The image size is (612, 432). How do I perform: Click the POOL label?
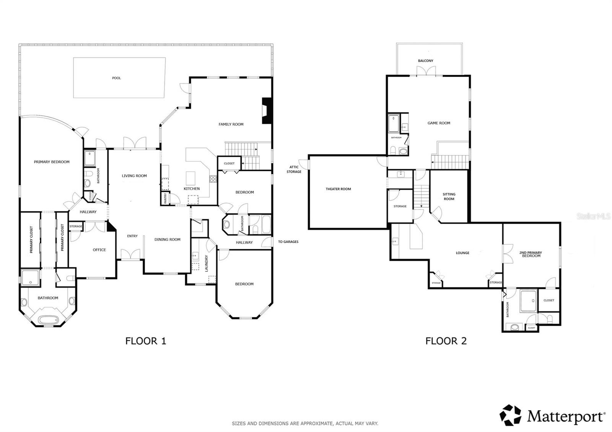(x=116, y=78)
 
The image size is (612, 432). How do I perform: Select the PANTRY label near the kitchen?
(x=165, y=198)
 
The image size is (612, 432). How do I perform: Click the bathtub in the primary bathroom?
(x=47, y=320)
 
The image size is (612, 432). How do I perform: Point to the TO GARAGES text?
(x=288, y=242)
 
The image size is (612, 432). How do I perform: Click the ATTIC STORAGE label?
(x=294, y=169)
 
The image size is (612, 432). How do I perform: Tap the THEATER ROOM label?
(x=338, y=189)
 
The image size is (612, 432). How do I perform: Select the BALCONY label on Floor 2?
(x=426, y=61)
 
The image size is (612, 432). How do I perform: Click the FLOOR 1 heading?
(x=146, y=341)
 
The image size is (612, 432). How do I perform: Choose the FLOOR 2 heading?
(x=446, y=341)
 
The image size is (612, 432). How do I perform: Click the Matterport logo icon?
(x=511, y=415)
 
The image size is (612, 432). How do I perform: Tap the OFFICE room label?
(x=99, y=250)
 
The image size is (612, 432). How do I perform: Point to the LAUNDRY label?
(x=206, y=263)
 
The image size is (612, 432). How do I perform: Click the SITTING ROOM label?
(x=449, y=197)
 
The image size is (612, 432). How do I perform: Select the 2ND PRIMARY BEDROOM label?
(x=531, y=254)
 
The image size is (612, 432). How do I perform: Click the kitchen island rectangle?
(x=190, y=178)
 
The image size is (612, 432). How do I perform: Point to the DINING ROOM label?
(x=167, y=240)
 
